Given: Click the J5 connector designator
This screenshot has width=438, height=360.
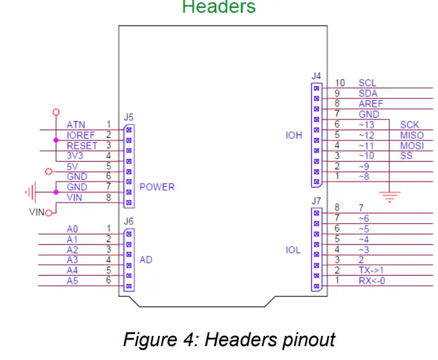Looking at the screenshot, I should click(x=129, y=117).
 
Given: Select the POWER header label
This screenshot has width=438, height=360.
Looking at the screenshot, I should click(x=157, y=187).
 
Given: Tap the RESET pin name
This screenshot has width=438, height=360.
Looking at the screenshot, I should click(x=82, y=146).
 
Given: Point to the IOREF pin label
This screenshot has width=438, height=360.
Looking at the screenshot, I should click(x=81, y=136).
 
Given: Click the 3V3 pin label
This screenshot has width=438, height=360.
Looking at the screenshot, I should click(x=76, y=156).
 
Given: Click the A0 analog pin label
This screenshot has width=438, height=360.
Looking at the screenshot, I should click(x=72, y=229).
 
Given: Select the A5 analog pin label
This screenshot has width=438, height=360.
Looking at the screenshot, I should click(x=72, y=280).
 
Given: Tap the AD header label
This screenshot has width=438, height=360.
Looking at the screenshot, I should click(x=146, y=260).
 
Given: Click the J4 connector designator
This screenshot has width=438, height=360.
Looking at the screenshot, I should click(x=316, y=77).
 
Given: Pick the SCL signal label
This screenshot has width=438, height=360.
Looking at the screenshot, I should click(x=367, y=83).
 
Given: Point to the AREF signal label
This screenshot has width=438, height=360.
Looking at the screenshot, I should click(x=370, y=104).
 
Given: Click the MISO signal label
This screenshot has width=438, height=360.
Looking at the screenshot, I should click(x=411, y=136).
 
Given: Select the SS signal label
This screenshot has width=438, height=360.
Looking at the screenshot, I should click(x=405, y=156).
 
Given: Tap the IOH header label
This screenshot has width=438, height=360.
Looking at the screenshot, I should click(x=294, y=136).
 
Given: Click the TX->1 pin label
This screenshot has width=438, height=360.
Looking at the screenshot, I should click(x=372, y=270).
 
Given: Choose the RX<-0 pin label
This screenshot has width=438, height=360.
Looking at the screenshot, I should click(x=372, y=280).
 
